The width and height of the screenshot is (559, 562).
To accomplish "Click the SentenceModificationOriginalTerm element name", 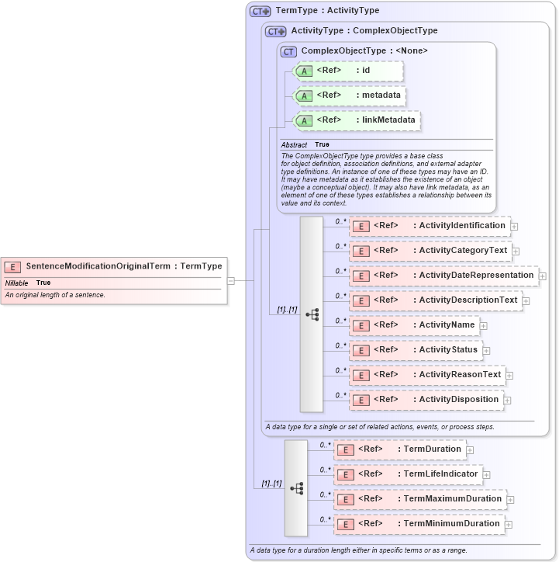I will pyautogui.click(x=98, y=266).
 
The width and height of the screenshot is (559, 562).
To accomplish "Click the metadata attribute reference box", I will pyautogui.click(x=348, y=95).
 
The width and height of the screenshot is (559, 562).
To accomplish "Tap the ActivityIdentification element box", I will pyautogui.click(x=429, y=226).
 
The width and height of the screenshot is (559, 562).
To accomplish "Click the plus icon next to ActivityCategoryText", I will pyautogui.click(x=516, y=252).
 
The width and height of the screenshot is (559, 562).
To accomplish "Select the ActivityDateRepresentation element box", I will pyautogui.click(x=443, y=276).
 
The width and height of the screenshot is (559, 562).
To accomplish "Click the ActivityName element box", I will pyautogui.click(x=414, y=325).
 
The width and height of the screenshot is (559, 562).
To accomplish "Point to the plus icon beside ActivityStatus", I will pyautogui.click(x=486, y=351).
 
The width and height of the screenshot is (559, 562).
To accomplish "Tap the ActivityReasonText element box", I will pyautogui.click(x=426, y=375).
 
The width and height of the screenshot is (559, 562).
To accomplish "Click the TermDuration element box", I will pyautogui.click(x=399, y=449).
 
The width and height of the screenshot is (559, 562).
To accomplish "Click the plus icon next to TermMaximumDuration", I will pyautogui.click(x=510, y=500).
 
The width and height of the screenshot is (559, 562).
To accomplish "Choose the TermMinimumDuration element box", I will pyautogui.click(x=418, y=524).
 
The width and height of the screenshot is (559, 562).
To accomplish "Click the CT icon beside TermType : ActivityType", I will pyautogui.click(x=260, y=12).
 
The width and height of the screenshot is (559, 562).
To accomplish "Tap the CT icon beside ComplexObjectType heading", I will pyautogui.click(x=288, y=51).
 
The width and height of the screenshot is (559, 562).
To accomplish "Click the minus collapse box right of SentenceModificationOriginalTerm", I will pyautogui.click(x=231, y=280).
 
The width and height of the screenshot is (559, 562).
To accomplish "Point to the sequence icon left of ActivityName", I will pyautogui.click(x=312, y=314).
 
